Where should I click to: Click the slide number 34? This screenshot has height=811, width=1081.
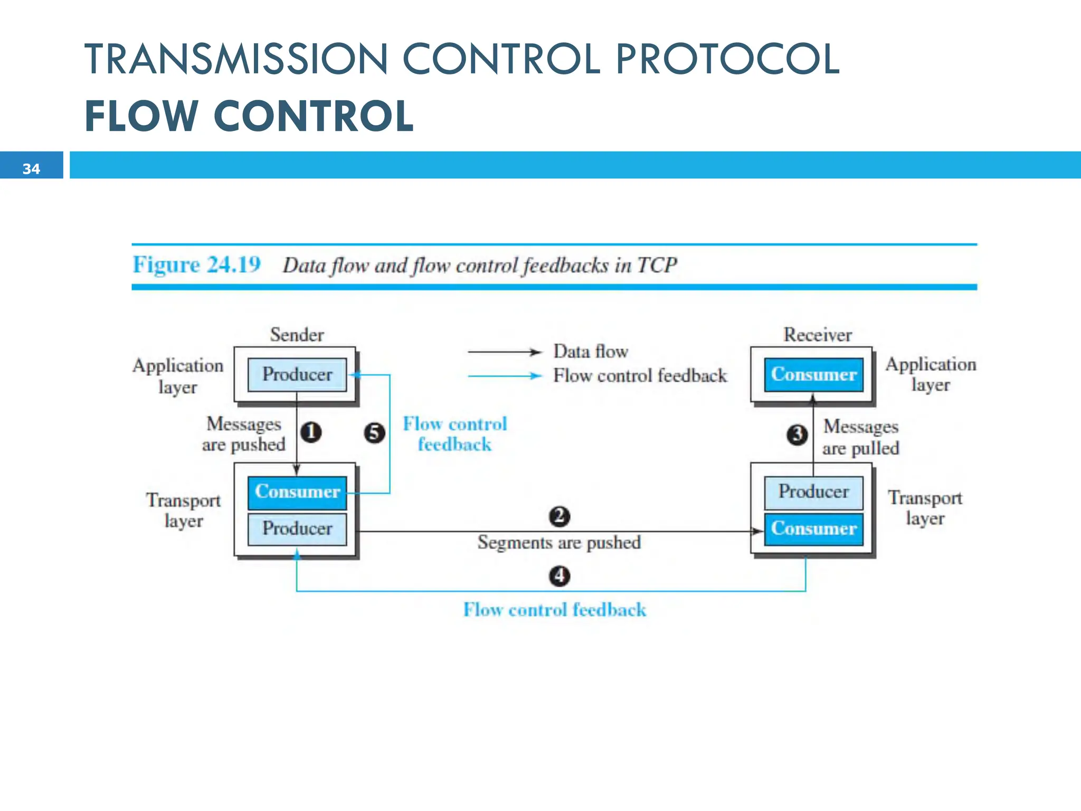coord(31,169)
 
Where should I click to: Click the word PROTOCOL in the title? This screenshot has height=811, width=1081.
coord(727,59)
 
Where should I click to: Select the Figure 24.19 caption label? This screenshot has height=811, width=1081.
coord(196,265)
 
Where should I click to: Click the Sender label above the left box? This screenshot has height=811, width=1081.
coord(297,335)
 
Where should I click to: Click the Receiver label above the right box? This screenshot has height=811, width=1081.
coord(817,335)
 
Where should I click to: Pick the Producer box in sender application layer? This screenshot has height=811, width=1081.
coord(297,374)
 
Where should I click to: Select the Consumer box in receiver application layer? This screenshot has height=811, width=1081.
coord(813,374)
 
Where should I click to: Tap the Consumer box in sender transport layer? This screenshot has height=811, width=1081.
coord(297,492)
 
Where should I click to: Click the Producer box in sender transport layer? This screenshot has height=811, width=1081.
coord(297,529)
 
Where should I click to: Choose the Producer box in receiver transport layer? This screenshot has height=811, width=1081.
coord(813,492)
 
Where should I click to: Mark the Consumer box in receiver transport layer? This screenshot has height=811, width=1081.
coord(813,529)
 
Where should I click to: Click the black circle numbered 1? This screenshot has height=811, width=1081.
coord(311,432)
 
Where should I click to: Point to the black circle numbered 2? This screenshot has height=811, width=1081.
coord(560,516)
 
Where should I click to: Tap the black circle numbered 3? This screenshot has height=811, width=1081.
coord(797,435)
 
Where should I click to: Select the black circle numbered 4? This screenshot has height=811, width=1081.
coord(560,576)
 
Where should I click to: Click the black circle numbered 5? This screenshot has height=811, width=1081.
coord(374,433)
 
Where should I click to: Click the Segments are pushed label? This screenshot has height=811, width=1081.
coord(559,542)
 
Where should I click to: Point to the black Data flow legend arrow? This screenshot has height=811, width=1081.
coord(504,352)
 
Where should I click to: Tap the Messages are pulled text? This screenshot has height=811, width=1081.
coord(860,437)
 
